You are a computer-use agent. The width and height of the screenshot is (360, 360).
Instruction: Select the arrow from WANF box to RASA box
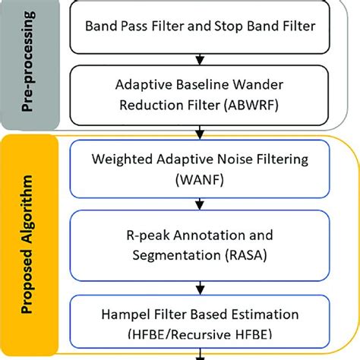tap(198, 203)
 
